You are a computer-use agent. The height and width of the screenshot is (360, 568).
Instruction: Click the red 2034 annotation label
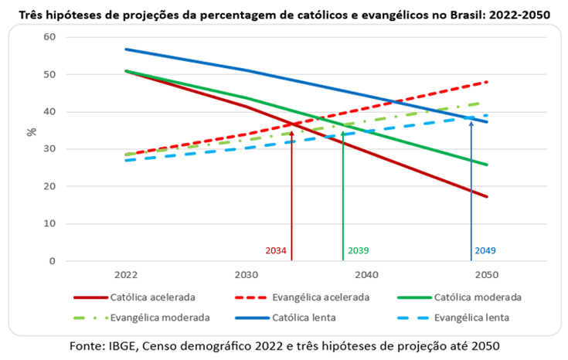pyautogui.click(x=277, y=251)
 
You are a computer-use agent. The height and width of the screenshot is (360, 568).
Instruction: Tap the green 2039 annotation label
pyautogui.click(x=359, y=251)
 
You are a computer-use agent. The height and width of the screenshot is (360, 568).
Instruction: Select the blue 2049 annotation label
pyautogui.click(x=485, y=251)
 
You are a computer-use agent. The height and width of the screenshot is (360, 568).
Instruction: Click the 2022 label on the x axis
pyautogui.click(x=125, y=275)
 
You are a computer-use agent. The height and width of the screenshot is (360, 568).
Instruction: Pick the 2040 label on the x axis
pyautogui.click(x=366, y=275)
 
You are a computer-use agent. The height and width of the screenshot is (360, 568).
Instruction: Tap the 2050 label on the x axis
pyautogui.click(x=486, y=275)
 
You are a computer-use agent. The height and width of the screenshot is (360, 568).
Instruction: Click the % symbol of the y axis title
pyautogui.click(x=32, y=132)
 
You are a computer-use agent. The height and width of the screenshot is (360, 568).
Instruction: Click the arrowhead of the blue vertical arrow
pyautogui.click(x=471, y=122)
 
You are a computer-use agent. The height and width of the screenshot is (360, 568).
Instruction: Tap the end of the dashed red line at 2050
pyautogui.click(x=487, y=82)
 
